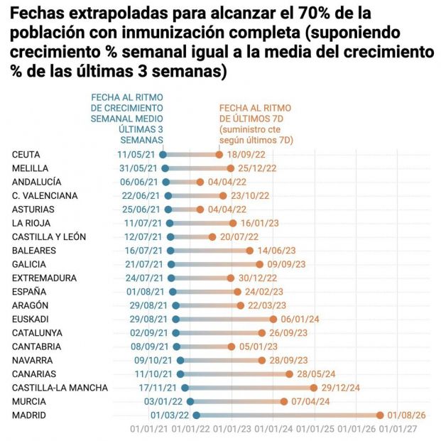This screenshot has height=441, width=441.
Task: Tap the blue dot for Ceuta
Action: tap(163, 154)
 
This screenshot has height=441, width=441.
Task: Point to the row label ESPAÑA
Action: tap(29, 291)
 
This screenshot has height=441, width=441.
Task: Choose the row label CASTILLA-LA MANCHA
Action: tap(60, 388)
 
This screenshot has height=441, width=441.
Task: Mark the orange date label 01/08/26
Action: tap(407, 415)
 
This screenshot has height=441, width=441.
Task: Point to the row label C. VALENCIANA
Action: tap(45, 195)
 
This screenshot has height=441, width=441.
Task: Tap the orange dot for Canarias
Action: tap(289, 374)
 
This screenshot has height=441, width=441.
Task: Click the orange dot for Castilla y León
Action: tap(212, 236)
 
